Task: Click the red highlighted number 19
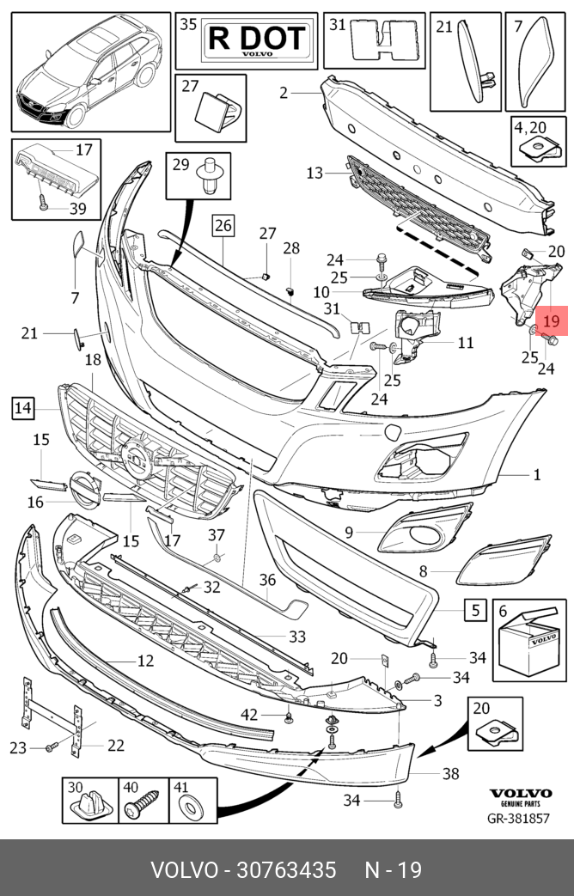[552, 320]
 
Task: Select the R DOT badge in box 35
[257, 41]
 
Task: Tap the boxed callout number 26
[223, 226]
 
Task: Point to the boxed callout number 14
[22, 408]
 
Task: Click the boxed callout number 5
[475, 610]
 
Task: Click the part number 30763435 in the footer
[286, 870]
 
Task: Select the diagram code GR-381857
[518, 819]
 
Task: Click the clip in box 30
[89, 807]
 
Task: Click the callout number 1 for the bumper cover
[537, 474]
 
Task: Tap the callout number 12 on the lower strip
[146, 661]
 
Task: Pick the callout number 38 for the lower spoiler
[450, 774]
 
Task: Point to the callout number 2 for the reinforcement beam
[284, 92]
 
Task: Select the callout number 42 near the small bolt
[249, 715]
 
